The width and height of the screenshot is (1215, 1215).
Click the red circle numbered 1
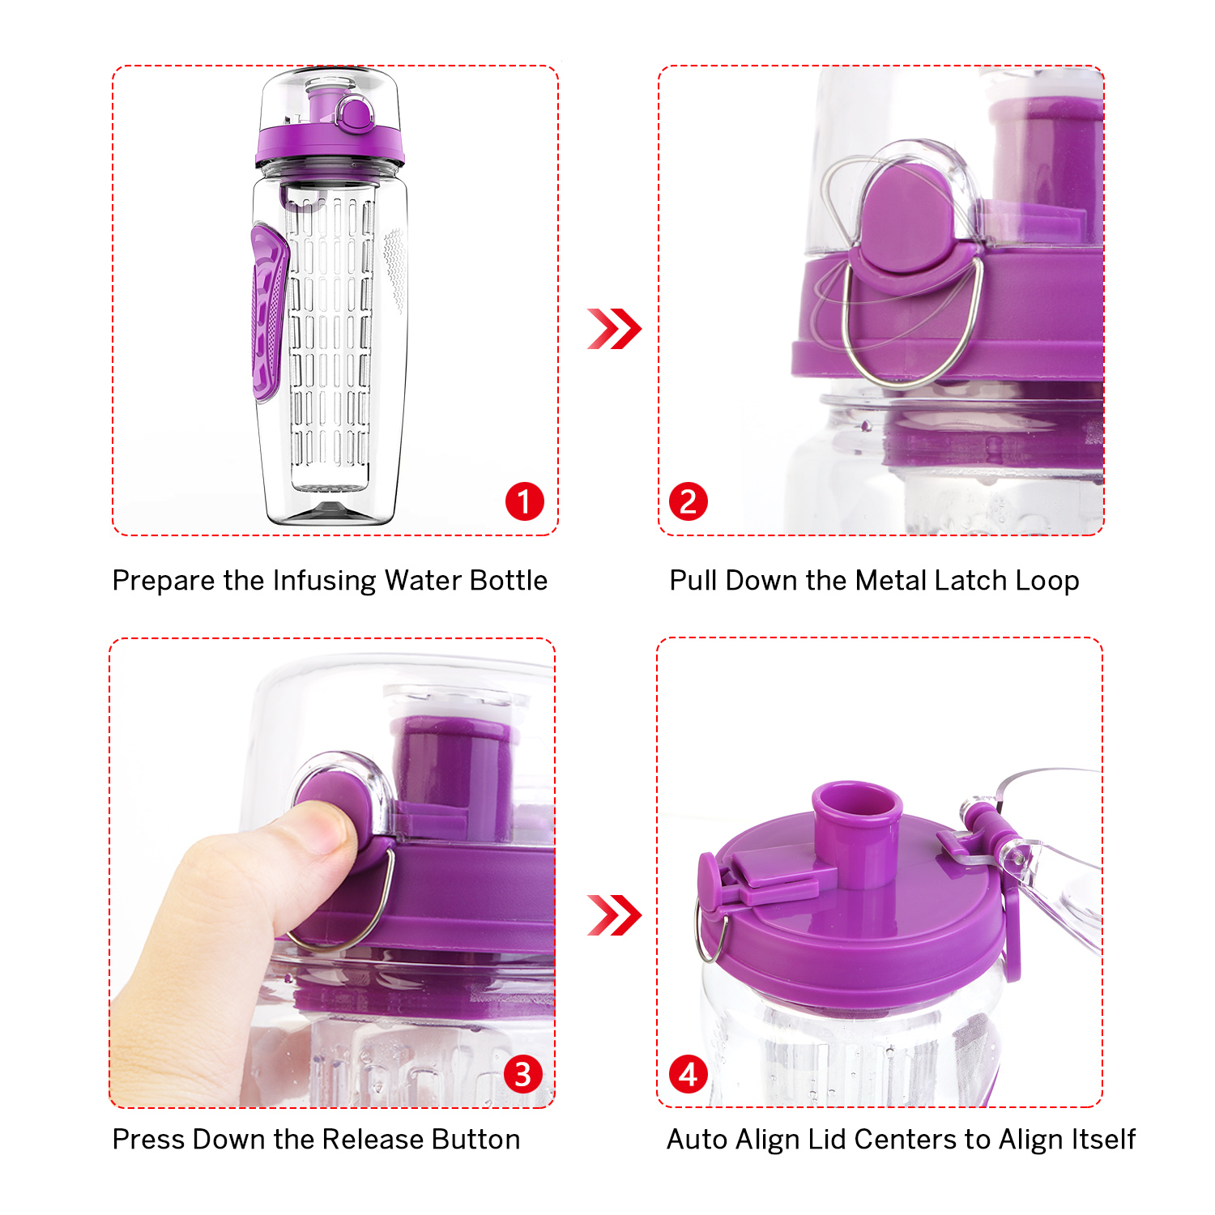(524, 501)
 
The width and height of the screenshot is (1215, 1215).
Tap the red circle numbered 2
(688, 501)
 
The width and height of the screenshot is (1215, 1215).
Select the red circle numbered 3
(523, 1074)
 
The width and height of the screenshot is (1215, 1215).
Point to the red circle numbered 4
(688, 1074)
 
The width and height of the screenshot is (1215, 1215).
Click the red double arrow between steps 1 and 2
(614, 329)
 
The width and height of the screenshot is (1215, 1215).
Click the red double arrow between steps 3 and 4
(614, 915)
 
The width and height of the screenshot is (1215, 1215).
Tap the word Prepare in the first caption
(164, 581)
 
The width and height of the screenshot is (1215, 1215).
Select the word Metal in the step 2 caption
(890, 581)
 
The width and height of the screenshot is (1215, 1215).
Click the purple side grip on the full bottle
(268, 312)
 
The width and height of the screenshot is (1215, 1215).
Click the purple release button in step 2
(903, 219)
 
